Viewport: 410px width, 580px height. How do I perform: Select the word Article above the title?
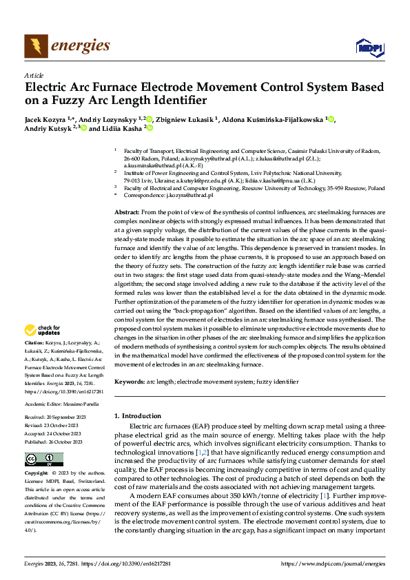pos(34,74)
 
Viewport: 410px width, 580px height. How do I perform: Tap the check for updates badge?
pos(45,330)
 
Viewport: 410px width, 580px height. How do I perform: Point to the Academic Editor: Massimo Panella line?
pos(63,403)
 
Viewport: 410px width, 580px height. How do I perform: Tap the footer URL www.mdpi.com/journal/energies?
pos(331,563)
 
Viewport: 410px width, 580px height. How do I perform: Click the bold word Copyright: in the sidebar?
pos(37,475)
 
